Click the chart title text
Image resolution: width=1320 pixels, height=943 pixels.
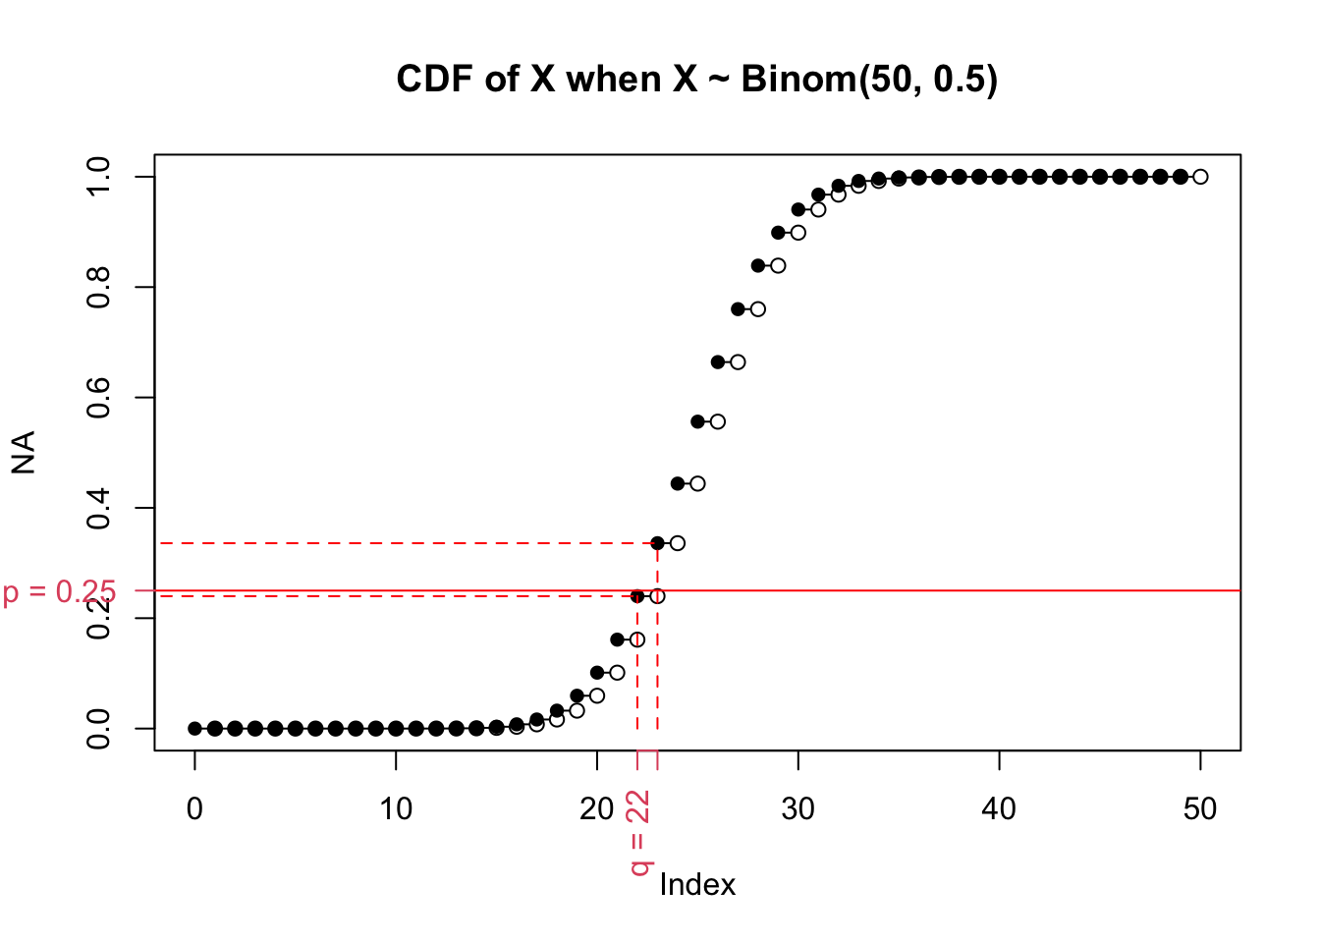point(696,79)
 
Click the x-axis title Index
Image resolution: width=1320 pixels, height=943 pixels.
point(697,885)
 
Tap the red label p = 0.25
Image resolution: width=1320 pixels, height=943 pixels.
point(59,592)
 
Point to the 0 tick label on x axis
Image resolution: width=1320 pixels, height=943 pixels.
point(194,809)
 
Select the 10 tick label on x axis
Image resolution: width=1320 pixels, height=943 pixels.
point(396,809)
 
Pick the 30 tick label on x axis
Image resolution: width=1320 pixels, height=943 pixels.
point(797,809)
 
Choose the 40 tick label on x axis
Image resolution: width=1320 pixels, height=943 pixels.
point(999,809)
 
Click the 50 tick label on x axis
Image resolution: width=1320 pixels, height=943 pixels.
point(1200,809)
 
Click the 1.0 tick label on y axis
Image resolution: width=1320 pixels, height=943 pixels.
point(98,177)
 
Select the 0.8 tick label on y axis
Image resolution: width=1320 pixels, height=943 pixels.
point(98,287)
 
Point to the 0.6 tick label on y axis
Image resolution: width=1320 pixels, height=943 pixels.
point(98,397)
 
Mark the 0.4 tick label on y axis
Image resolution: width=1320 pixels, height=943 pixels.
point(98,508)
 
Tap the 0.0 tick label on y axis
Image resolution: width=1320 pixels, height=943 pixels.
point(98,728)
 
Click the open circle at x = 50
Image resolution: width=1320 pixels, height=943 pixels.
point(1200,177)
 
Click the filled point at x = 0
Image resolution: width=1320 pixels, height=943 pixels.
point(194,728)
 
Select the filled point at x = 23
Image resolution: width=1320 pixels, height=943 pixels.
point(657,543)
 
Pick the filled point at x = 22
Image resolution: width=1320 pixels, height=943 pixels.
point(637,596)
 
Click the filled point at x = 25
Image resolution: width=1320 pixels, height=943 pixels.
point(697,421)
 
